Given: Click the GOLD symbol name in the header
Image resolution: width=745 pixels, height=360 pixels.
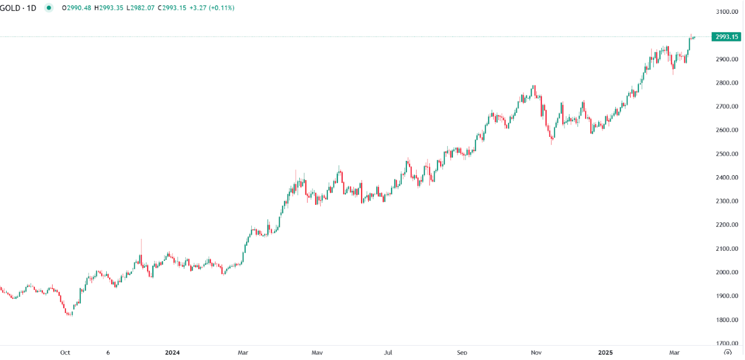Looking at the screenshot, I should pos(11,8).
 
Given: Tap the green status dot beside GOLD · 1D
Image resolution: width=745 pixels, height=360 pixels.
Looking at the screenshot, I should pos(49,8).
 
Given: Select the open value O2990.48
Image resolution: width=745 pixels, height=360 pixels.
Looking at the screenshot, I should pos(77,8).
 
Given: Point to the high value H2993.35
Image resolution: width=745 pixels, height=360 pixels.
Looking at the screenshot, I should pos(109,8).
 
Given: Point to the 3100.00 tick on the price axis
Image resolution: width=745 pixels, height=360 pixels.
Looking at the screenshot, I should pos(727,12).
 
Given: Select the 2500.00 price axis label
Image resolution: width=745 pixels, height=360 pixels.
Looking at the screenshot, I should pos(727,154).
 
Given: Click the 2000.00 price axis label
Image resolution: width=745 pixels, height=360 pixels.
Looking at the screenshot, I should pos(727,272).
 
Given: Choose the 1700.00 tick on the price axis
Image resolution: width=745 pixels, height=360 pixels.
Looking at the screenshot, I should pos(727,343).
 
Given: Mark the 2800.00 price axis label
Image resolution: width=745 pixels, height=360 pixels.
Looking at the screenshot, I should pos(727,83).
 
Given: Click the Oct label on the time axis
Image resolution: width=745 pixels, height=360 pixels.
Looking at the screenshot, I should pos(65,352).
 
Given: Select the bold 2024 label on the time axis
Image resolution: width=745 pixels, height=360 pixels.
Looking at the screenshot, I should pos(173,352).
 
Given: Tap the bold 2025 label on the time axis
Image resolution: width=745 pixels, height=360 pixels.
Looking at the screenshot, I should pos(606,352).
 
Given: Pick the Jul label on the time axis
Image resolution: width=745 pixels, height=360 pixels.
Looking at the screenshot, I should pos(389,352).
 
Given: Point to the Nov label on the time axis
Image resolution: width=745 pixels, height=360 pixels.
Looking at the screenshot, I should pos(536,352).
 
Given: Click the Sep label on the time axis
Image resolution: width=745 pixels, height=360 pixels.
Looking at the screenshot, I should pos(462,352).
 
